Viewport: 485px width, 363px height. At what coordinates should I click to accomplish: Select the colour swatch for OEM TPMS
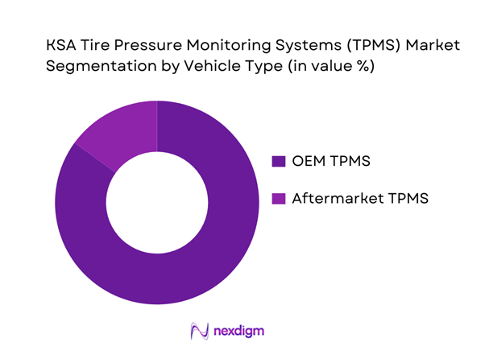pyautogui.click(x=279, y=162)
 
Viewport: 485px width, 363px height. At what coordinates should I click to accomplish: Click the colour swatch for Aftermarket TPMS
pyautogui.click(x=279, y=198)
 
